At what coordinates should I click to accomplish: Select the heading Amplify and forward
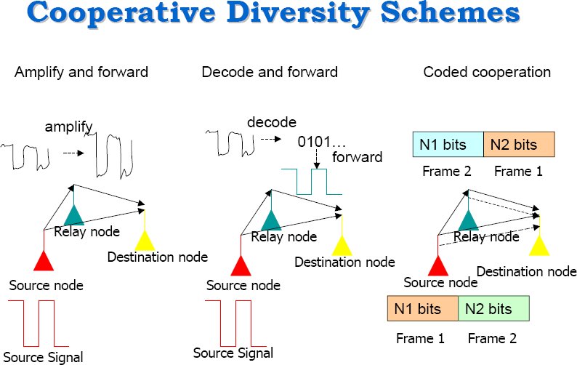pos(81,72)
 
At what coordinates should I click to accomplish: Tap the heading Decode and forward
pos(270,72)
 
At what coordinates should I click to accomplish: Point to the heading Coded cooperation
pos(487,72)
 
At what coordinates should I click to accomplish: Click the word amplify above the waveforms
pos(69,127)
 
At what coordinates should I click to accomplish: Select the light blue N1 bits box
pos(447,144)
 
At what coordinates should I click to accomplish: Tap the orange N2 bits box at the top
pos(518,144)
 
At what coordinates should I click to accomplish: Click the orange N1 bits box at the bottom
pos(422,309)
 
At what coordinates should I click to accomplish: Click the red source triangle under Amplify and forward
pos(43,260)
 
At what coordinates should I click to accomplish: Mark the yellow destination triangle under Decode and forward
pos(341,245)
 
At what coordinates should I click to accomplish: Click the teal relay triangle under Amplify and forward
pos(73,214)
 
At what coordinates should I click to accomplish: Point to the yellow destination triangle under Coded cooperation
pos(538,245)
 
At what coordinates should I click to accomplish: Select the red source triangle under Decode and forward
pos(241,264)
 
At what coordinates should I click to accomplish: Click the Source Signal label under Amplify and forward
pos(47,356)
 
